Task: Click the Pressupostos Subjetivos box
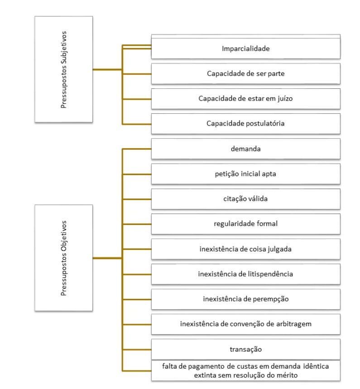64,70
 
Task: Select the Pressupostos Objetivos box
64,258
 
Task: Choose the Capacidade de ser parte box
245,74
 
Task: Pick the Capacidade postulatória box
245,123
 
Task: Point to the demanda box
245,148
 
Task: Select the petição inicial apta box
245,173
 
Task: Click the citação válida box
245,198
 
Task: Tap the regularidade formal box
245,223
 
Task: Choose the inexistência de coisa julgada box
245,248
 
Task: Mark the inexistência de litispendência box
245,273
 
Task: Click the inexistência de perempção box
245,299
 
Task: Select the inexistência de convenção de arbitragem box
245,324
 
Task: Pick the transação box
245,349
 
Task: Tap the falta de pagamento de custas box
245,370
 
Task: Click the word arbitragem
293,324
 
